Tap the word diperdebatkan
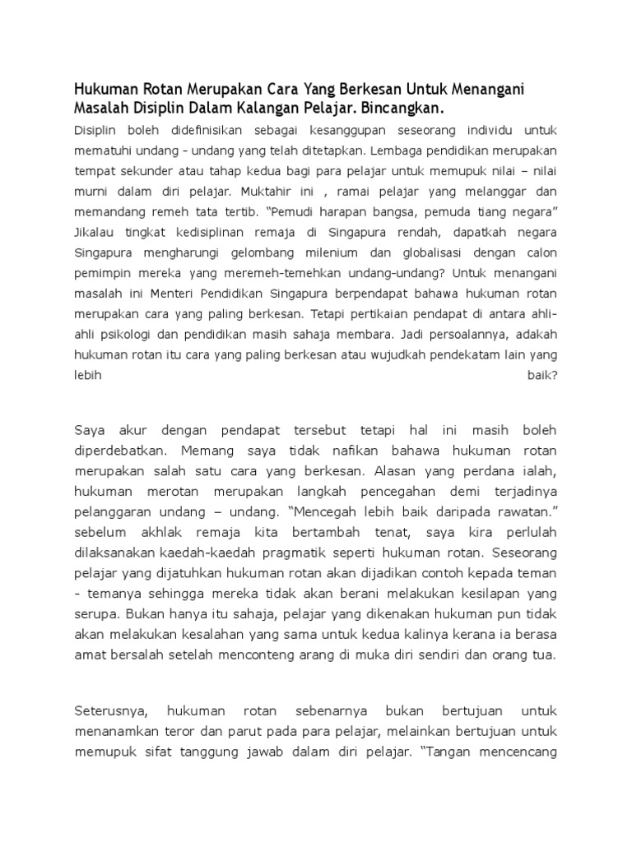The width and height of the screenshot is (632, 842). (121, 451)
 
